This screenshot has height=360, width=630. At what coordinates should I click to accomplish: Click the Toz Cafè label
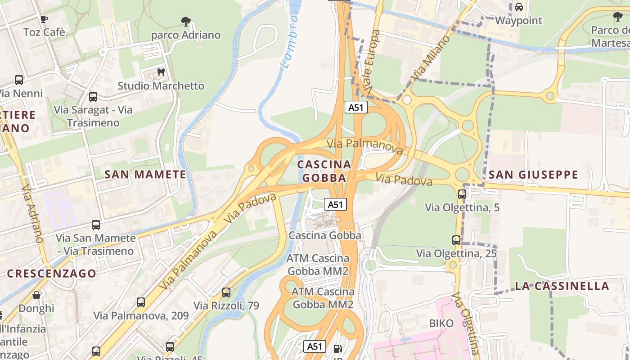tap(44, 32)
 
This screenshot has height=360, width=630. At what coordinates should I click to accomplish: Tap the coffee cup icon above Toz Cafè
tap(44, 19)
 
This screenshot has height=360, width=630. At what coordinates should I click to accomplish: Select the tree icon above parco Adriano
tap(185, 21)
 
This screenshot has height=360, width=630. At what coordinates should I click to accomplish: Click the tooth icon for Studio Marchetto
tap(161, 72)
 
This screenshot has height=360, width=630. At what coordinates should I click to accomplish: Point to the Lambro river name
tap(289, 42)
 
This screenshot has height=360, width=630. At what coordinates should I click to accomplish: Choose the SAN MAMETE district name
tap(145, 175)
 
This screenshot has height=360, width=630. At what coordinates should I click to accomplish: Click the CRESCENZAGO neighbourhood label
tap(51, 274)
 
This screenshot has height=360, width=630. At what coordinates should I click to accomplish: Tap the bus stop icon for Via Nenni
tap(19, 80)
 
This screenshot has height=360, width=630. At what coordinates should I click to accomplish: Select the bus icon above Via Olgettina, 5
tap(462, 194)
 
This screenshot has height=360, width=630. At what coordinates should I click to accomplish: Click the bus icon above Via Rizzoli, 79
tap(226, 292)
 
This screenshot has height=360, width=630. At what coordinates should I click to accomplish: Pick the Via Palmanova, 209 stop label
tap(141, 315)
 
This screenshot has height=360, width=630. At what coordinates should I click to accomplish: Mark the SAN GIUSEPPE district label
tap(533, 175)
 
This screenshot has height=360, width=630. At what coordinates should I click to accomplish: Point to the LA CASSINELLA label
tap(562, 286)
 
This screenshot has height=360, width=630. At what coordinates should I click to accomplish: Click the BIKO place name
tap(441, 323)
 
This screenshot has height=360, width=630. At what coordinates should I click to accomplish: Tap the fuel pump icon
tap(337, 348)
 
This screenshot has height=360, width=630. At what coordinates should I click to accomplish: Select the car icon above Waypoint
tap(518, 7)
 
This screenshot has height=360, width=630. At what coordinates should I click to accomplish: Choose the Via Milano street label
tap(430, 58)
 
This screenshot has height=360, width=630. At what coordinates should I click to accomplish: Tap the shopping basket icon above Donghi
tap(36, 296)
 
